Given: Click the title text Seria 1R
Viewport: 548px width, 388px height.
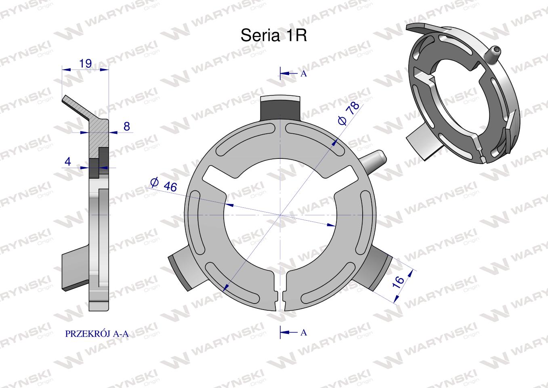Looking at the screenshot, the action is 274,36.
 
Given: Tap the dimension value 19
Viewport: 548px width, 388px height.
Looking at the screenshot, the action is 85,63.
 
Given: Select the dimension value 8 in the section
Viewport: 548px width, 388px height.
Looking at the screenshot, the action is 127,127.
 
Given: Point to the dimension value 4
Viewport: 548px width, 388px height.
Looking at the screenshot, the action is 68,162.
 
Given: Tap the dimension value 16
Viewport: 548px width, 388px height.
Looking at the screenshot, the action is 398,282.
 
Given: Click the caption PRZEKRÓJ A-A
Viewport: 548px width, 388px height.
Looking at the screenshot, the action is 97,334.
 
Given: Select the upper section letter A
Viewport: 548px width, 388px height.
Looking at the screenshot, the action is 303,74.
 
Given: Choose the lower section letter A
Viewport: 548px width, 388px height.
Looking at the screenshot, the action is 303,333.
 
